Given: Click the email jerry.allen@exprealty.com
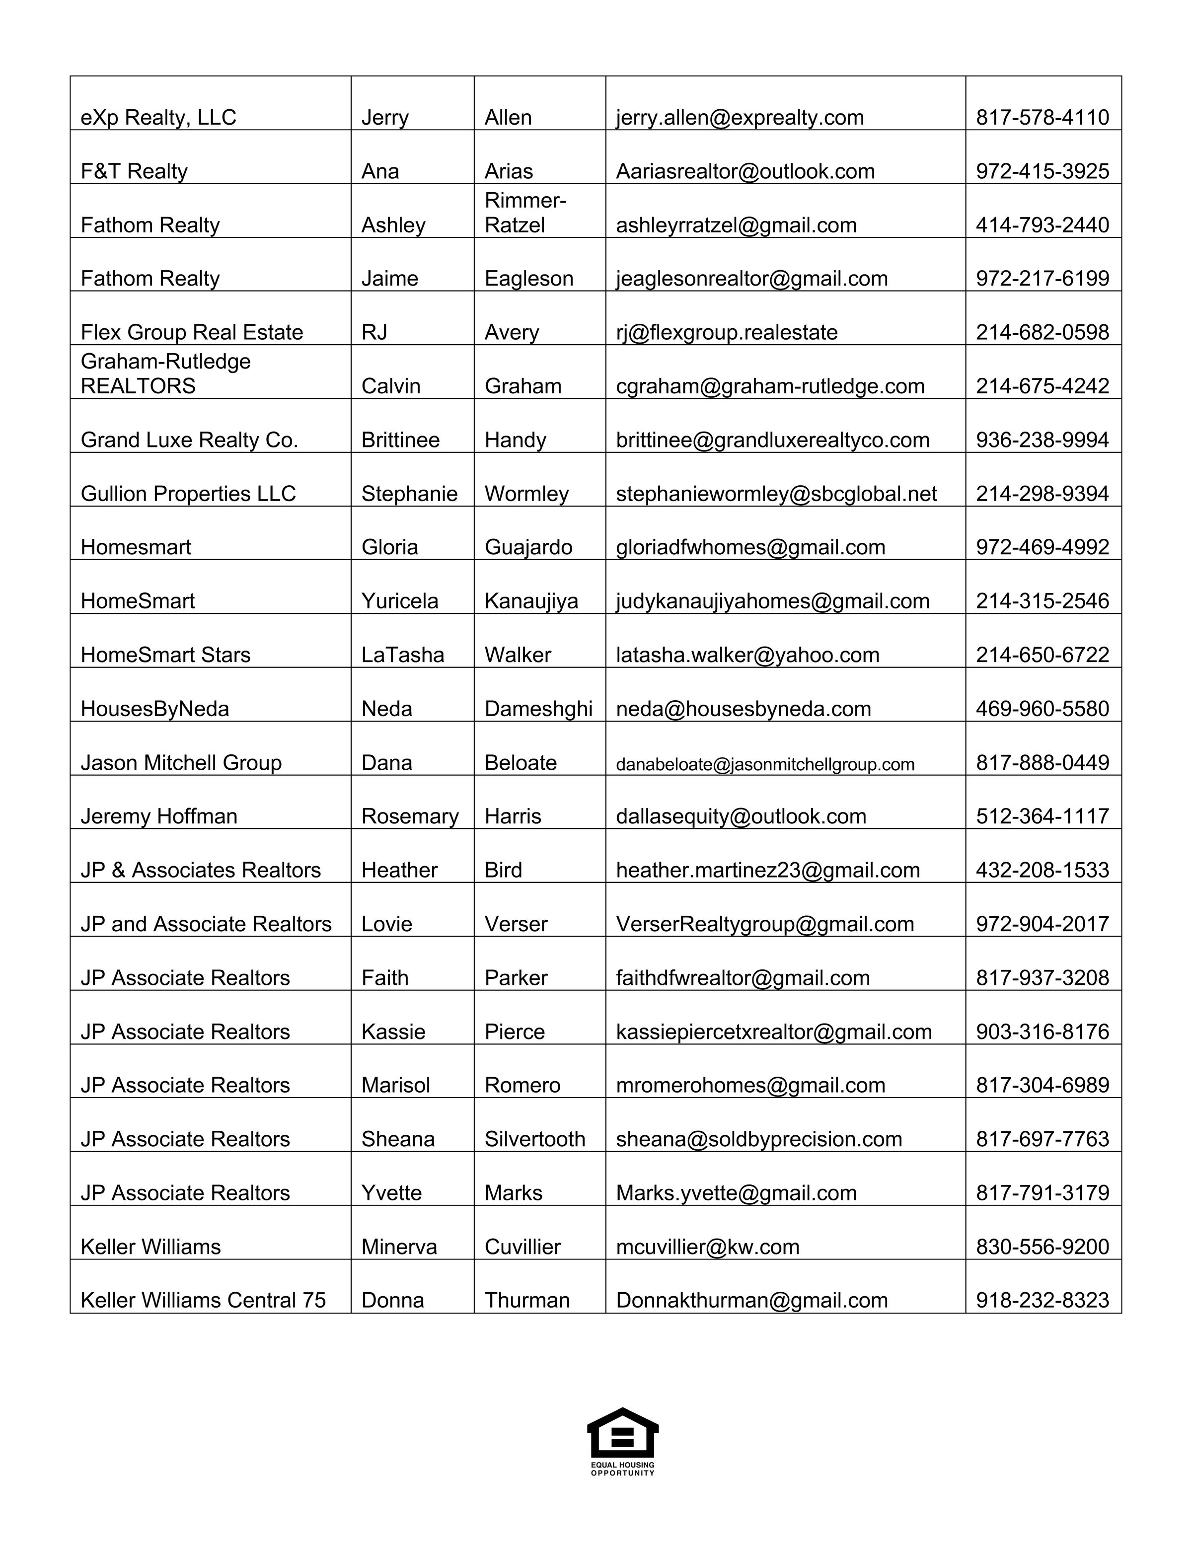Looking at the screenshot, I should point(739,117).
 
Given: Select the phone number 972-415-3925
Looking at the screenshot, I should point(1042,171).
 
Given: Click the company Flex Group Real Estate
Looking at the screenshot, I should point(192,332).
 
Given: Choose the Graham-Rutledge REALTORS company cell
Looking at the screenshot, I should point(165,373).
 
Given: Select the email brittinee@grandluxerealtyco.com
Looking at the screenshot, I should point(772,440).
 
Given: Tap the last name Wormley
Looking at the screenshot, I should point(526,494).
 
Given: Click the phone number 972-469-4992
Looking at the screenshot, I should point(1042,548).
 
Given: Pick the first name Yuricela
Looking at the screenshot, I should point(400,601).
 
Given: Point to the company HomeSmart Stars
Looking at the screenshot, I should point(165,655).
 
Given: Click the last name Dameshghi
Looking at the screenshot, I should point(538,709).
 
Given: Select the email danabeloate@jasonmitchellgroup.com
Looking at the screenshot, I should point(765,764).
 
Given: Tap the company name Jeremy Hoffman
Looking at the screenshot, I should point(158,816).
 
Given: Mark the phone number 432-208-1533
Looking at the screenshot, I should point(1042,870).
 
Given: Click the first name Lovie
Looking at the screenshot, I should point(386,924).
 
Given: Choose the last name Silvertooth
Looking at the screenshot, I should point(535,1139).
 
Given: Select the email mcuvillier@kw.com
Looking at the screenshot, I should point(707,1247).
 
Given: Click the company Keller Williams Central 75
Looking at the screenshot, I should point(203,1300).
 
